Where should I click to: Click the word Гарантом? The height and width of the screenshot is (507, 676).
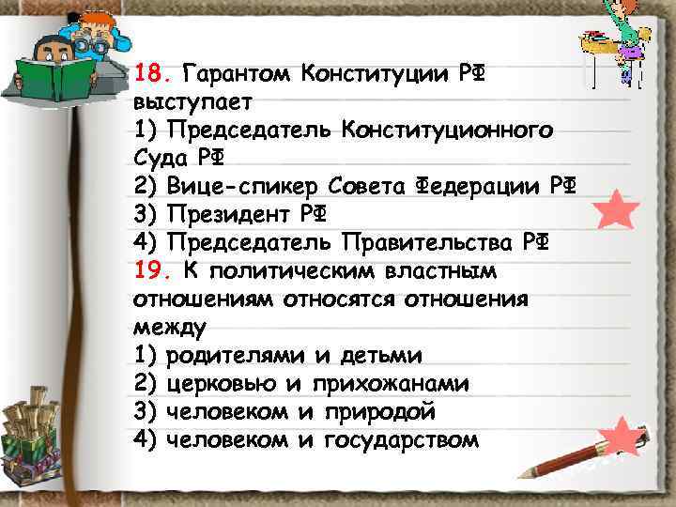[234, 72]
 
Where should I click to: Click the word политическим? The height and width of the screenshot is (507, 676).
[301, 271]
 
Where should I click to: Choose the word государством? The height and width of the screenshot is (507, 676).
[401, 439]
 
